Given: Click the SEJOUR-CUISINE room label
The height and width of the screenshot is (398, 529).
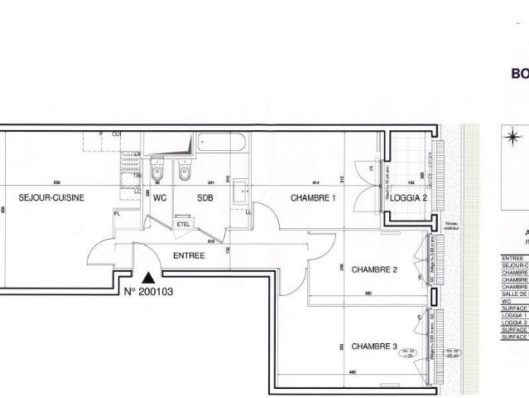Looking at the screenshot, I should (52, 198).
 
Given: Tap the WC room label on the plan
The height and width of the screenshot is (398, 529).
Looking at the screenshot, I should (161, 198).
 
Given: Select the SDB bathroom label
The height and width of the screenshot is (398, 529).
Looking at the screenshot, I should (204, 198).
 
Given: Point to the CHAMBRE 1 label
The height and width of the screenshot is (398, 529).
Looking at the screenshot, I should (312, 198).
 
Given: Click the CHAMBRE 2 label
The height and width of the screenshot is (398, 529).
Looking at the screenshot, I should (375, 269).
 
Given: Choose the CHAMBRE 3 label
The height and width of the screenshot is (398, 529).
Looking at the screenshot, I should (375, 346).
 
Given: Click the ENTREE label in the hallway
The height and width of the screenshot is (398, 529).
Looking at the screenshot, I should (189, 255).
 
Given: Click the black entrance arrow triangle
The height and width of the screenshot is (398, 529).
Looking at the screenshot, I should (147, 278).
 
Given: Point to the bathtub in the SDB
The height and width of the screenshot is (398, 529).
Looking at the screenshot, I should (221, 142).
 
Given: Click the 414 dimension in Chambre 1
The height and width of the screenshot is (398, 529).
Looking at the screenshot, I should (315, 182).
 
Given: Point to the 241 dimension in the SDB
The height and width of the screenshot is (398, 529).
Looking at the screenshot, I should (211, 182).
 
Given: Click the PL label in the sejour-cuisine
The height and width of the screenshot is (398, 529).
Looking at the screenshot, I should (118, 213).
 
